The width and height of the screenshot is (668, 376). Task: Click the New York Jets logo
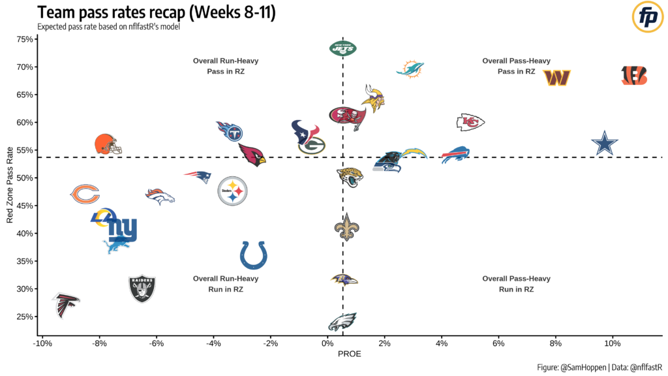(x=343, y=48)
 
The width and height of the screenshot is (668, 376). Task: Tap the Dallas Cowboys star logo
(x=605, y=144)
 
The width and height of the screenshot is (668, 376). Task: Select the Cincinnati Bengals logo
(x=634, y=76)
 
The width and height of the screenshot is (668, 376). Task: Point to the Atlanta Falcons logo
(x=65, y=304)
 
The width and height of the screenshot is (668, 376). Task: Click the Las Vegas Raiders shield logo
(x=142, y=288)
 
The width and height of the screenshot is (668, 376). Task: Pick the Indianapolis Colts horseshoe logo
(x=254, y=255)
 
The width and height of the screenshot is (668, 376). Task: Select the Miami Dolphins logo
(x=411, y=69)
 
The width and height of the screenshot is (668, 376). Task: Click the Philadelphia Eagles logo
(x=342, y=321)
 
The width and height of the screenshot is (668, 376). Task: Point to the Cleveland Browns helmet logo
(x=108, y=144)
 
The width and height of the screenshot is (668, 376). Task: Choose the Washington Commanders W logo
(x=557, y=78)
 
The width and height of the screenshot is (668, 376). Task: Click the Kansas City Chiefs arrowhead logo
(x=470, y=121)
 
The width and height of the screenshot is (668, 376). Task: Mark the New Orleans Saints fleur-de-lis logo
(x=346, y=227)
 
